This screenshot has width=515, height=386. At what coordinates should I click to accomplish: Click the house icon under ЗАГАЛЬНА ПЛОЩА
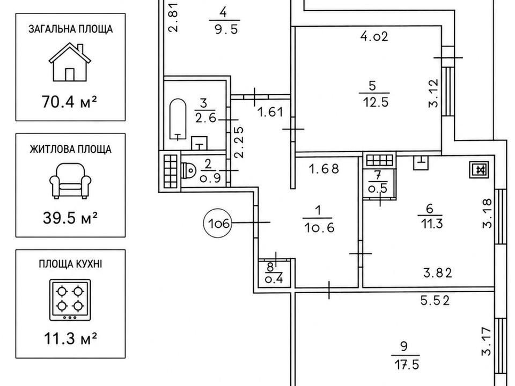[x=70, y=62]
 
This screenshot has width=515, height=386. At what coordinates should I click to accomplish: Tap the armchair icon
[x=70, y=181]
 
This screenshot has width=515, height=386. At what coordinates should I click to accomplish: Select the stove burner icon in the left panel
[x=70, y=300]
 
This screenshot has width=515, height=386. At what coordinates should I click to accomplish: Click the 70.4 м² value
[x=70, y=102]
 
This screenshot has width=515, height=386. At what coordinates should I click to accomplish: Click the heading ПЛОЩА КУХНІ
[x=70, y=264]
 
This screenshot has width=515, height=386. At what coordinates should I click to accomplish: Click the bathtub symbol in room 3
[x=178, y=120]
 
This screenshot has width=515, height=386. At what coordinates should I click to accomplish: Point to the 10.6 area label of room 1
[x=319, y=227]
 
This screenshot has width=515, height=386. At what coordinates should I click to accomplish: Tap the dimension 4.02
[x=374, y=36]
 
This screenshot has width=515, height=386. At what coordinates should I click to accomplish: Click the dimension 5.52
[x=435, y=300]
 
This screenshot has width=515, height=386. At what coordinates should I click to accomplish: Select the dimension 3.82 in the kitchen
[x=438, y=273]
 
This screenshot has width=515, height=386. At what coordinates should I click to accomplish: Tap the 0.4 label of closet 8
[x=274, y=280]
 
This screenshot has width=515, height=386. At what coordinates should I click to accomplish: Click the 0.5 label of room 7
[x=378, y=189]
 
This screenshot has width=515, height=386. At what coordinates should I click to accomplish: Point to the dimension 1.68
[x=324, y=169]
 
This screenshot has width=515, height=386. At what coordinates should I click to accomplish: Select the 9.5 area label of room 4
[x=226, y=29]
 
